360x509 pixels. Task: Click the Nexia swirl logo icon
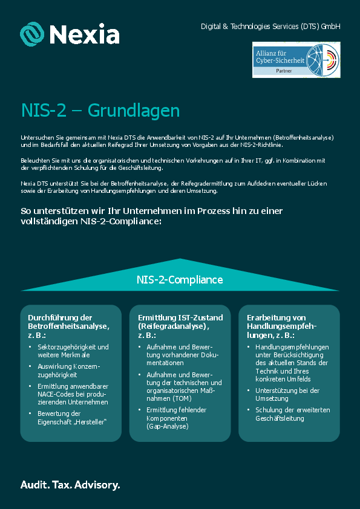coord(32,34)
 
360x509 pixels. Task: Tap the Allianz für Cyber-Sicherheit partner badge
coord(296,59)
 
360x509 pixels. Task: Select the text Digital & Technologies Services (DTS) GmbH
coord(270,27)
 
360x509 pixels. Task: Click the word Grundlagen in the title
coord(134,111)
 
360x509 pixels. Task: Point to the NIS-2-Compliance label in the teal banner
coord(180,280)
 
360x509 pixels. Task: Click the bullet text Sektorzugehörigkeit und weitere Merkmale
coord(73,351)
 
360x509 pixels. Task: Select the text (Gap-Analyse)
coord(167,426)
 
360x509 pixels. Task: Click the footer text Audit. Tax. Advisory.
coord(70,485)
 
